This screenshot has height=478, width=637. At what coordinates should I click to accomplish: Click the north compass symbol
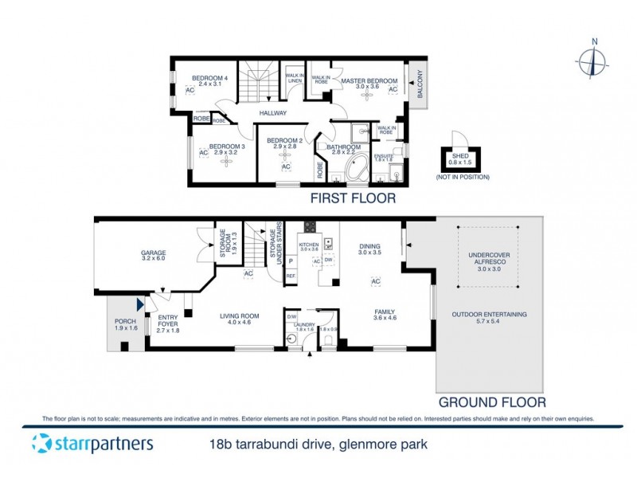593,61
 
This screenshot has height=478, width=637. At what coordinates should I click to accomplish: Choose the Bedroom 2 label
285,143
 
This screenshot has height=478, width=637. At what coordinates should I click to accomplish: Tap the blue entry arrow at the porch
140,304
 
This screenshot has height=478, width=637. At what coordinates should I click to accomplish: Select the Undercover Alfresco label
485,261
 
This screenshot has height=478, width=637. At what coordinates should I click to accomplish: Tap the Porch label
126,324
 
